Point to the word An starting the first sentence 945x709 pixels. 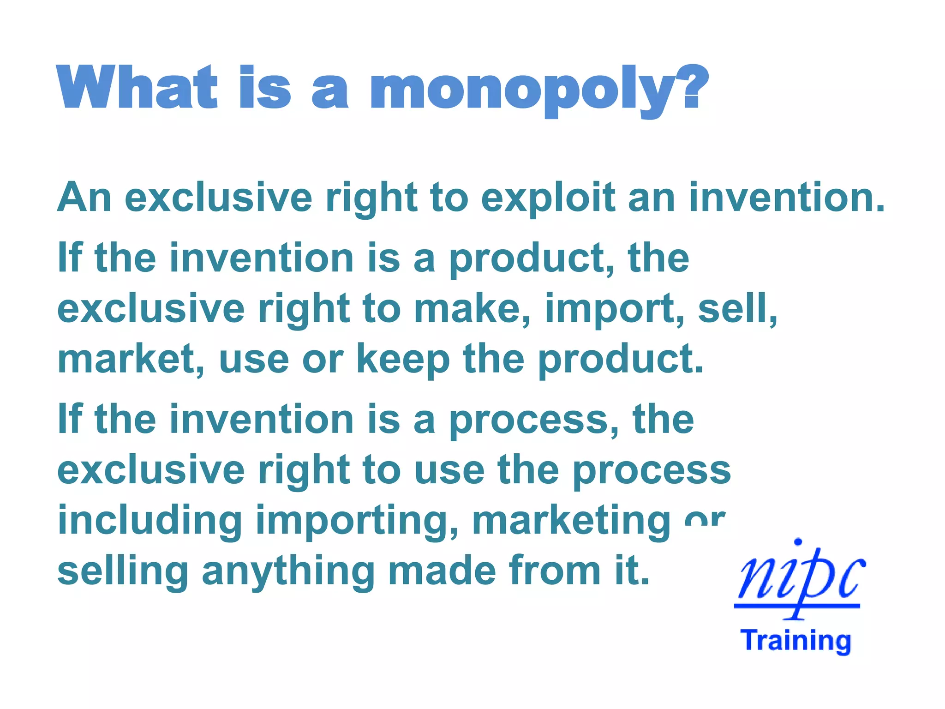click(x=84, y=198)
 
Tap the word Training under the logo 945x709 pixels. click(x=796, y=641)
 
